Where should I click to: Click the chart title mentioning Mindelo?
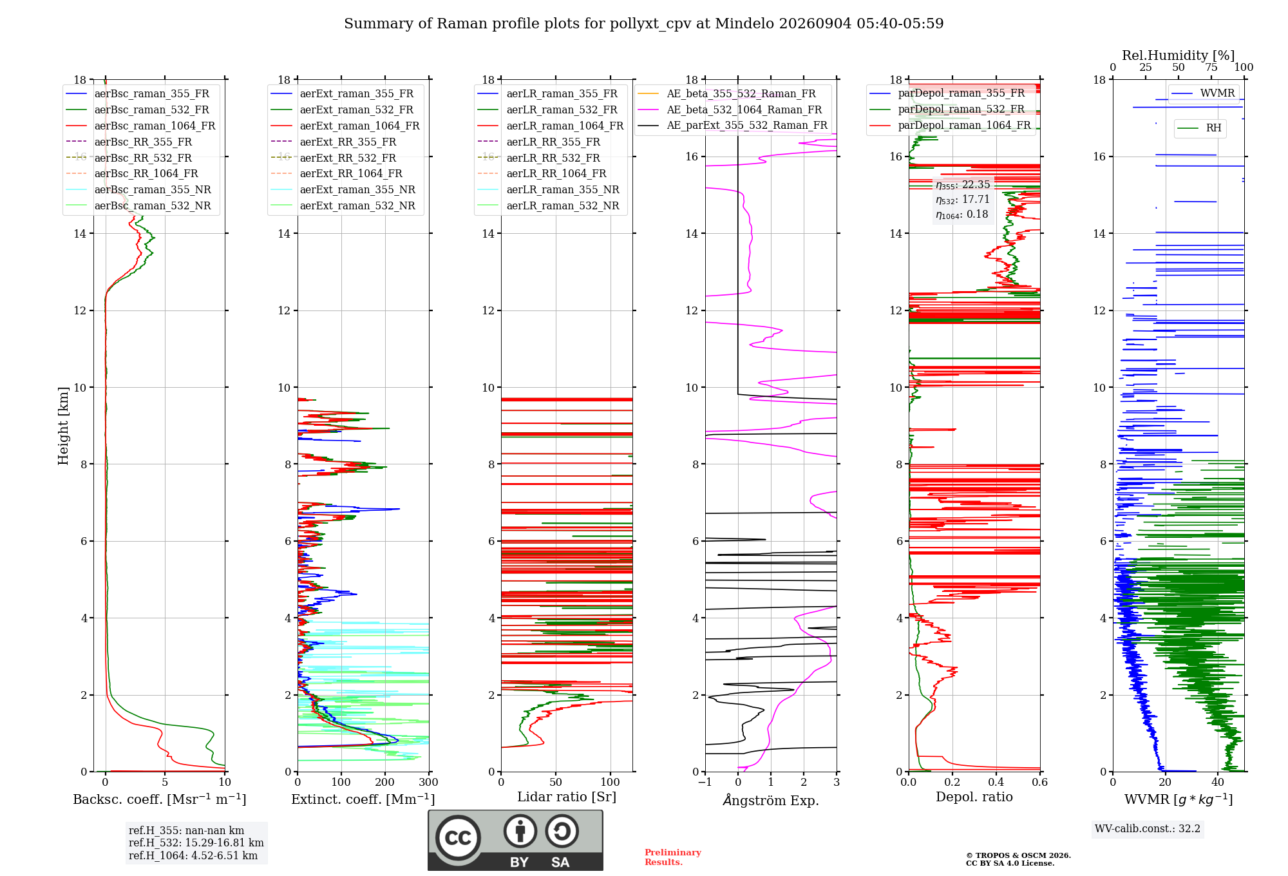pos(644,24)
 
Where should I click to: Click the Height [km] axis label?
pos(63,426)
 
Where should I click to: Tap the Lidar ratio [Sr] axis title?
pos(567,797)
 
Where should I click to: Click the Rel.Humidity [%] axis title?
pos(1179,55)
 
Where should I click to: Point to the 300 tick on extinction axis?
pos(429,783)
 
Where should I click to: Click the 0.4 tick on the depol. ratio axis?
pos(996,783)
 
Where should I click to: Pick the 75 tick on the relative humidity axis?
pos(1211,68)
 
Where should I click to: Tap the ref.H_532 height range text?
pos(196,843)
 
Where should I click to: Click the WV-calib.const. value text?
pos(1148,828)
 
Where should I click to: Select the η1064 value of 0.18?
pos(962,214)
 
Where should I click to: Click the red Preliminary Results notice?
pos(673,857)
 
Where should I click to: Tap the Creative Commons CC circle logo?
pos(458,837)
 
